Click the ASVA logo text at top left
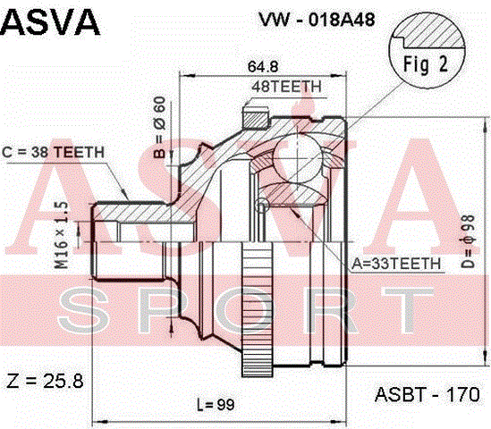point(50,23)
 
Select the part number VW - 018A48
point(317,20)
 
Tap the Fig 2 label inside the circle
point(426,64)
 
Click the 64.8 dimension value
point(263,66)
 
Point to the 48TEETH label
point(286,87)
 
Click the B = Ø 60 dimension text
point(160,127)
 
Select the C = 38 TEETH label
point(53,153)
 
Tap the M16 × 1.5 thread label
point(62,235)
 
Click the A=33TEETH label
point(396,264)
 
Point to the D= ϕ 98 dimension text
point(469,241)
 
